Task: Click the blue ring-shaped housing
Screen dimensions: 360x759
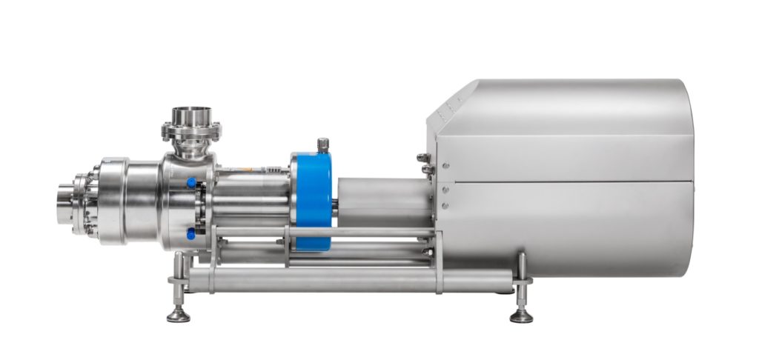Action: click(311, 192)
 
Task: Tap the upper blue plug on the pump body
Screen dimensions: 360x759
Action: click(191, 182)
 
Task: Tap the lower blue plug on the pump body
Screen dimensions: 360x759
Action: click(191, 234)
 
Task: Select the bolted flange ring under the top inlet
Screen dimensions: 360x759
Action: click(191, 133)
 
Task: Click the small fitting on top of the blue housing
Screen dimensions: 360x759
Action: click(323, 144)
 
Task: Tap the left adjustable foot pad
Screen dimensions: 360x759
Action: click(178, 316)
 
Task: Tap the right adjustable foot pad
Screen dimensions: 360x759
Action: click(521, 316)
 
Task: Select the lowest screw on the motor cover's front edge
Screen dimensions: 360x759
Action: click(444, 205)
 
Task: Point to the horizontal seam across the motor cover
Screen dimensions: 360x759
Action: click(563, 180)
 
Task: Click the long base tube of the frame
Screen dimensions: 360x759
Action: click(348, 280)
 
